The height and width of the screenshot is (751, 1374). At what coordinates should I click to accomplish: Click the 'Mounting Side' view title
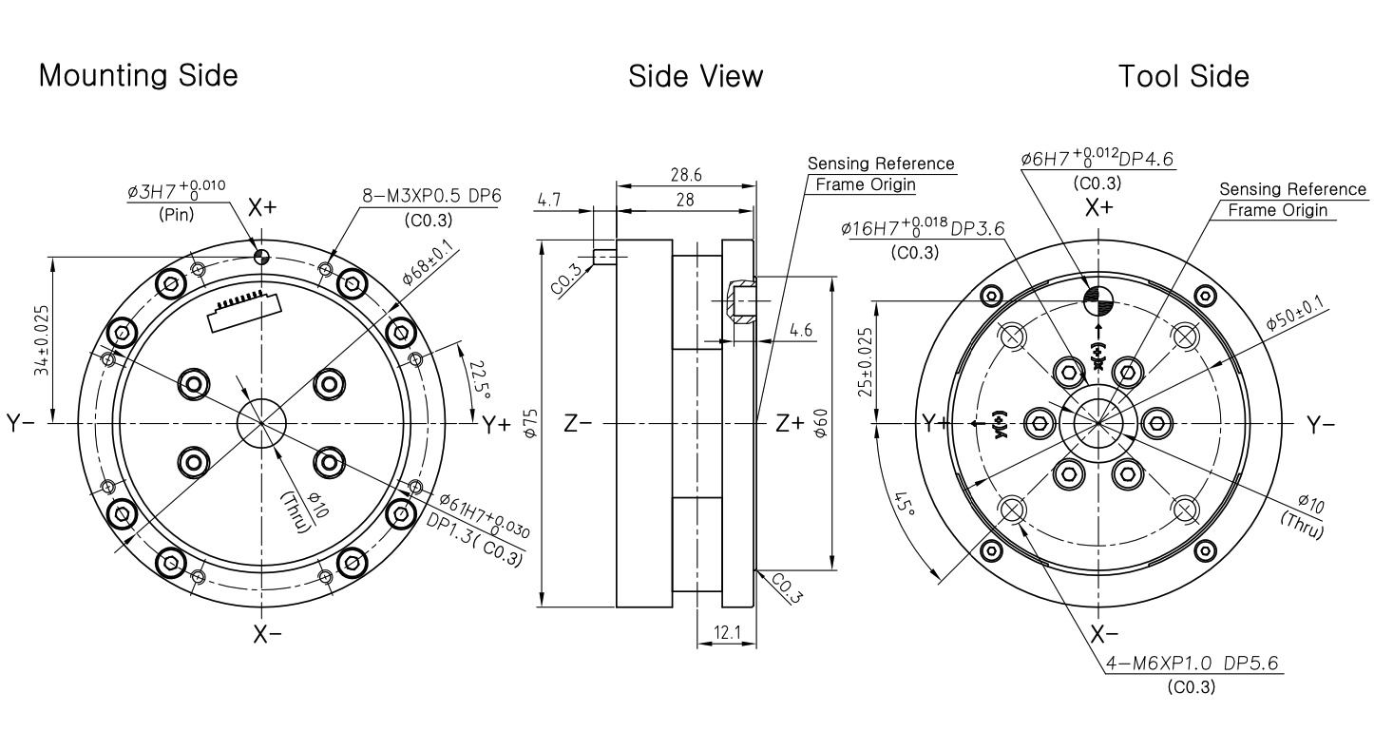(138, 75)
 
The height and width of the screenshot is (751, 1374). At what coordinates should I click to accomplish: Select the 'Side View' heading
(696, 77)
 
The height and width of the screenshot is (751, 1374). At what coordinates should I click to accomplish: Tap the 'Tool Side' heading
(1184, 77)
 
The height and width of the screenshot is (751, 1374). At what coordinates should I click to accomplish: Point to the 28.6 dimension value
(686, 175)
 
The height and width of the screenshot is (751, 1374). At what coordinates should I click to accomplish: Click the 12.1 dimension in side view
(728, 632)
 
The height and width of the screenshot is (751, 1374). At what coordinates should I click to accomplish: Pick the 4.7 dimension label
(549, 200)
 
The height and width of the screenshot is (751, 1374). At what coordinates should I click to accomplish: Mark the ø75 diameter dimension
(531, 423)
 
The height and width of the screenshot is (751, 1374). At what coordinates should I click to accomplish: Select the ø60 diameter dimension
(821, 423)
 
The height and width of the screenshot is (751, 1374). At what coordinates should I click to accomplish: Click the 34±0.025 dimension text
(42, 340)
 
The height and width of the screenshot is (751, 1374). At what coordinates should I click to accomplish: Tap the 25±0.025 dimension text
(865, 362)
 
